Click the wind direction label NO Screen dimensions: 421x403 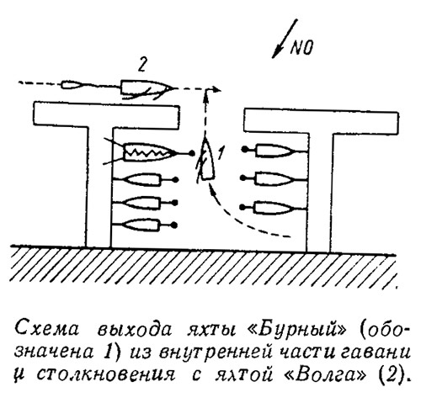pos(301,48)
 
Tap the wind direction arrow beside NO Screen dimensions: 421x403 pos(285,39)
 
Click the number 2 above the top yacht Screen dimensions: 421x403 pos(142,66)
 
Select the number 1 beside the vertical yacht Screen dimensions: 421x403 pos(221,153)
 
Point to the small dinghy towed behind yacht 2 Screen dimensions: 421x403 pos(72,85)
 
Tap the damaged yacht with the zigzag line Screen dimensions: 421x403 pos(149,152)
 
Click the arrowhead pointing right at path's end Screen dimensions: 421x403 pos(216,90)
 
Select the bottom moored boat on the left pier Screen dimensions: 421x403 pos(144,225)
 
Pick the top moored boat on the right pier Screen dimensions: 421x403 pos(274,151)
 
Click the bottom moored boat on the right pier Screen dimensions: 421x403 pos(274,208)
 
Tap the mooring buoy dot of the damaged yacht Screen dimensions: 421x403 pos(192,153)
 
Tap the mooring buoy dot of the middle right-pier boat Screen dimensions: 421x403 pos(243,178)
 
